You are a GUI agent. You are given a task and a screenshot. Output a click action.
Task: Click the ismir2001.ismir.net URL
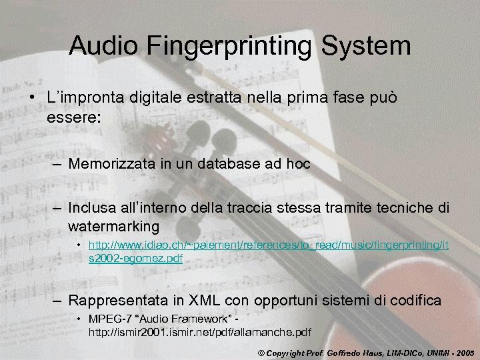click(200, 331)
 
